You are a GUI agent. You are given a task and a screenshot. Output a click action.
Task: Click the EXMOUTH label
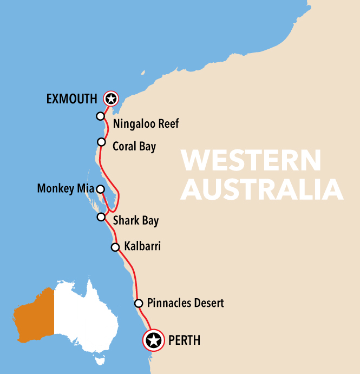coord(72,99)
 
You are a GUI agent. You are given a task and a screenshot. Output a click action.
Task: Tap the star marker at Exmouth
coord(111,99)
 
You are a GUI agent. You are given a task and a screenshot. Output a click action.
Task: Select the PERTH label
coord(185,340)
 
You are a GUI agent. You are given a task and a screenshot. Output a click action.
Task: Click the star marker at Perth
coord(154,340)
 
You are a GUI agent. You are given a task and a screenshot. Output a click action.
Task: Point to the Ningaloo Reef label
coord(146,124)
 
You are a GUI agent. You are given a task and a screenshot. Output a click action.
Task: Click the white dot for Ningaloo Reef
coord(100,116)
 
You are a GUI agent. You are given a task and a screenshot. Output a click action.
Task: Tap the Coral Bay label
coord(134,146)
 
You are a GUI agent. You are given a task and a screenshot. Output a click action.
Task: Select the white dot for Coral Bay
coord(101,142)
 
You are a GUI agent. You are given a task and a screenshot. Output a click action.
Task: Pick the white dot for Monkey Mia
coord(100,189)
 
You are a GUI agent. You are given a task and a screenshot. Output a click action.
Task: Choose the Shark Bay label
coord(135,221)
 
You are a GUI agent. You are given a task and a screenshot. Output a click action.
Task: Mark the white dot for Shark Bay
coord(101,217)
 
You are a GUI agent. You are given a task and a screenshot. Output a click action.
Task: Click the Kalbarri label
coord(142,247)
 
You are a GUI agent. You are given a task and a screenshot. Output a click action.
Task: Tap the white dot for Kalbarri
coord(115,247)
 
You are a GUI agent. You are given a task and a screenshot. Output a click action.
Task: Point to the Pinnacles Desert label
coord(185,303)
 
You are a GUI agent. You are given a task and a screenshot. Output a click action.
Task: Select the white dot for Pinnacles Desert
coord(139,303)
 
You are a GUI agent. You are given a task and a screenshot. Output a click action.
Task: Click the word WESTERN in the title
coord(251,161)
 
